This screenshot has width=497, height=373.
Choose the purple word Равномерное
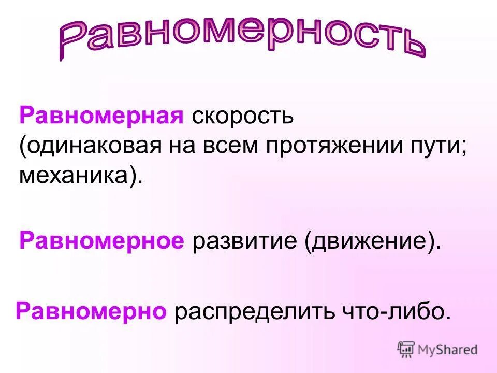[x=101, y=241]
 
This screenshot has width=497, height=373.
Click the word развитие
[x=244, y=241]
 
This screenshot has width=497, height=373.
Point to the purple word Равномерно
[x=91, y=312]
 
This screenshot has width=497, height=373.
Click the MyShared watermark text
[x=447, y=350]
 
